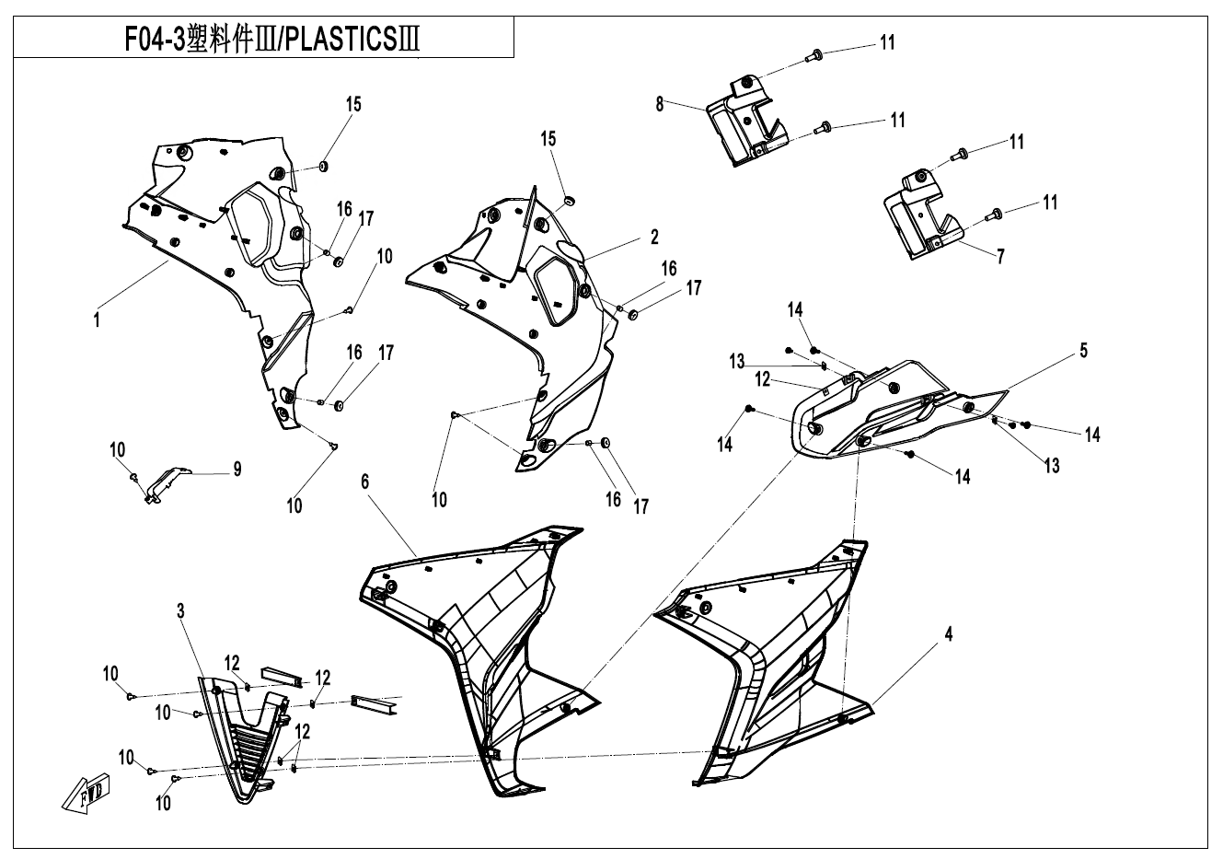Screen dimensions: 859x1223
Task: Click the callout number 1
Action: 96,320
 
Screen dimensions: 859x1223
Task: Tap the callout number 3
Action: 181,610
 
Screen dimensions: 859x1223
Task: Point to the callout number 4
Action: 948,634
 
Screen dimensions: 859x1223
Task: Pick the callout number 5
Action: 1083,350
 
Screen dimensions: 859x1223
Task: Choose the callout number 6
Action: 365,482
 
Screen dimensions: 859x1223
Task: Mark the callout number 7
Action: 1000,257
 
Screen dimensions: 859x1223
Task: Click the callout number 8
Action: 660,104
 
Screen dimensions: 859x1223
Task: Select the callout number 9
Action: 237,470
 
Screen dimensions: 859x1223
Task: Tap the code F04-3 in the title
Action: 155,41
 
